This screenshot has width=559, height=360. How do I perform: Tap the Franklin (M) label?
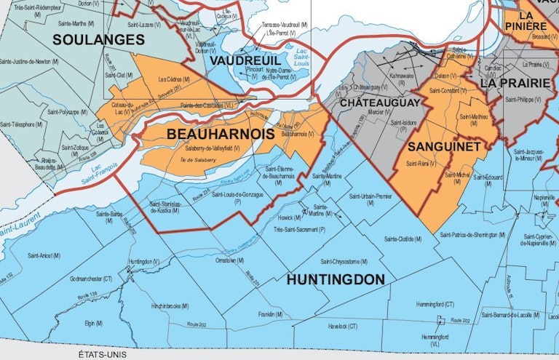271,313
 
